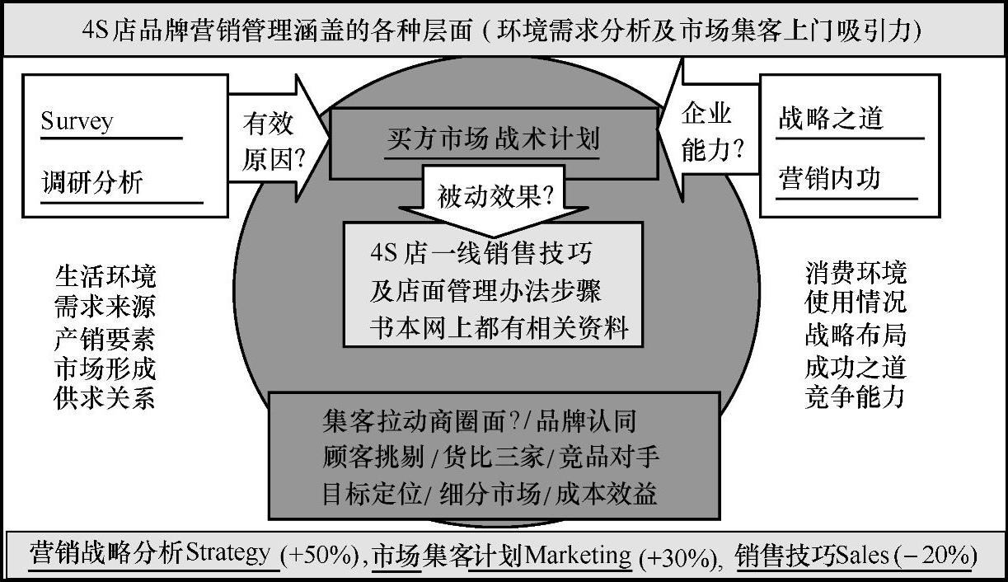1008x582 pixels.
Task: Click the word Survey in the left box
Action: click(x=77, y=121)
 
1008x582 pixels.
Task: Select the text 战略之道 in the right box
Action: click(x=830, y=119)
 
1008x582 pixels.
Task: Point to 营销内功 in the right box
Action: click(x=830, y=179)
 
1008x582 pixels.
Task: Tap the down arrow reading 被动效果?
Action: click(x=495, y=195)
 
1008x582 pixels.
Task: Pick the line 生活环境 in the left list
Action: click(x=105, y=275)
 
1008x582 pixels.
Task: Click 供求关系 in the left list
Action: click(x=105, y=398)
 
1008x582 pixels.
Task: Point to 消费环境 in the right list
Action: click(x=856, y=273)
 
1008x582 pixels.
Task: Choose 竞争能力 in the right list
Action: click(x=856, y=397)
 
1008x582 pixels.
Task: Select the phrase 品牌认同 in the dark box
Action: click(x=587, y=421)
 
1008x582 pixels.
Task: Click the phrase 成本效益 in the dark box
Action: click(x=607, y=494)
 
